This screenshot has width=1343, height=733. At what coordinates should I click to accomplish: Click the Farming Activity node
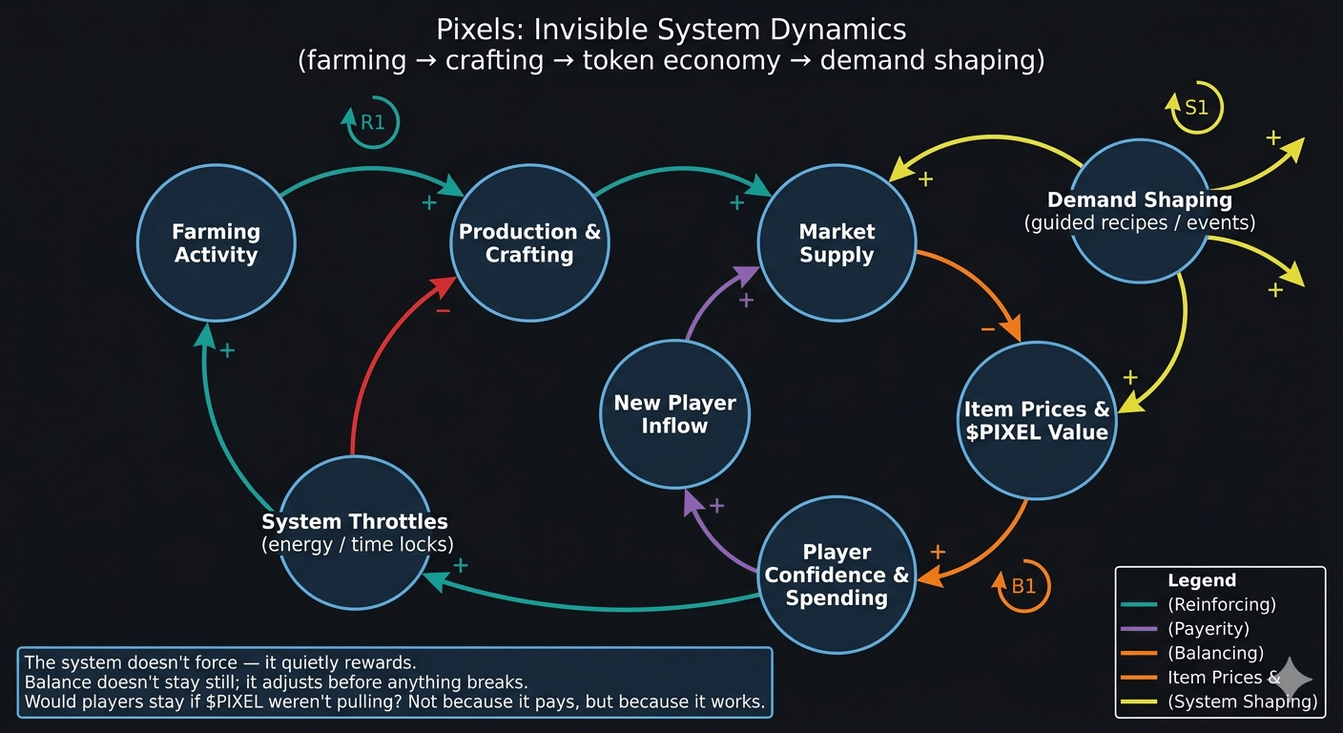point(216,243)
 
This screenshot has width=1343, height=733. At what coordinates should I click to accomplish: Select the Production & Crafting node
point(529,243)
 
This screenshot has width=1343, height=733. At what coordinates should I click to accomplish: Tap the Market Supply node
point(837,243)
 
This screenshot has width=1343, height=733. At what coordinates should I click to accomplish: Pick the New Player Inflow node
point(674,414)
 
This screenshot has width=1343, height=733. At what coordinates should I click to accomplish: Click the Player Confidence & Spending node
point(837,575)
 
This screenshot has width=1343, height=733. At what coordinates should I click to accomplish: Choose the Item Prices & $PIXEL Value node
point(1036,421)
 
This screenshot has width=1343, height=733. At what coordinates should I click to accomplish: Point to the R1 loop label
point(371,122)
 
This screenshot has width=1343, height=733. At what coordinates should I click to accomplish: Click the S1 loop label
point(1195,108)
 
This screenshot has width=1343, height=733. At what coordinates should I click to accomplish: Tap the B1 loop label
point(1023,586)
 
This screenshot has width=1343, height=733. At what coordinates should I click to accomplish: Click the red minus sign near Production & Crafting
point(443,311)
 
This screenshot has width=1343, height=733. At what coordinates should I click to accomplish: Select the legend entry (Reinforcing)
point(1221,604)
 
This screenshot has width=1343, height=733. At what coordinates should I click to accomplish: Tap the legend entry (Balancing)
point(1215,654)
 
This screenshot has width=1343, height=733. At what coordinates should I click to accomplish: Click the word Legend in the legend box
point(1201,580)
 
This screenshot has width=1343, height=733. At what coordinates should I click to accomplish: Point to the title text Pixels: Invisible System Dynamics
point(671,30)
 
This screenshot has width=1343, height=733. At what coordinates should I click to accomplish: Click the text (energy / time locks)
point(357,545)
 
